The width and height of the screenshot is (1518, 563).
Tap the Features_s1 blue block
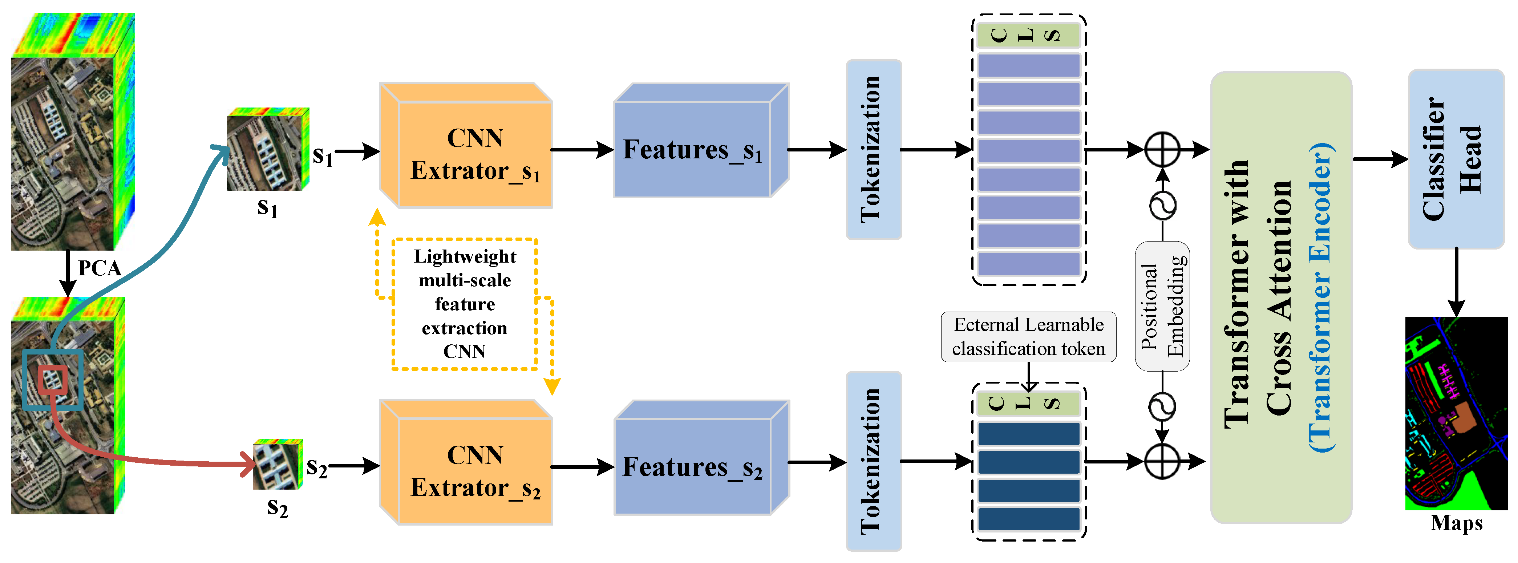coord(692,150)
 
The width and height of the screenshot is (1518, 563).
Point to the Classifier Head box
coord(1456,159)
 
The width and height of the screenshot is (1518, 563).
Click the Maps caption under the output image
coord(1456,523)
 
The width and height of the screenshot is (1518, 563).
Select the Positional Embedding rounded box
coord(1162,307)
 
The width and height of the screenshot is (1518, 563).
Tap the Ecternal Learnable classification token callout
coord(1028,337)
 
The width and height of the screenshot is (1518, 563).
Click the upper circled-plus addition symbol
coord(1162,149)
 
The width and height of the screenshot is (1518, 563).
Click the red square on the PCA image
coord(53,380)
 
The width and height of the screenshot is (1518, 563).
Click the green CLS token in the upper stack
coord(1028,35)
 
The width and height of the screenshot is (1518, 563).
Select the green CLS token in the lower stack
coord(1028,403)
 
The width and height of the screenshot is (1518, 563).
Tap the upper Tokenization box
coord(873,149)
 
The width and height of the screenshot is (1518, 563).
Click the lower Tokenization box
coord(873,461)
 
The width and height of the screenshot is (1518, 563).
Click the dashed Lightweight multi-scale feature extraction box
coord(464,304)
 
